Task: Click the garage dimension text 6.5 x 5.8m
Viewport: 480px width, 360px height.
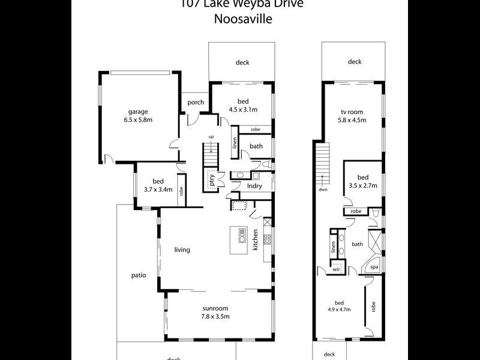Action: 137,120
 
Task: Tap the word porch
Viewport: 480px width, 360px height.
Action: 196,103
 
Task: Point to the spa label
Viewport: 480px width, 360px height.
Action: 373,267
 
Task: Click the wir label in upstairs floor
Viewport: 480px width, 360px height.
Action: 337,269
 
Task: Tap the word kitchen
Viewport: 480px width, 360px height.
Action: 255,240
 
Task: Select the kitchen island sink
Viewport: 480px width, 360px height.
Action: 242,235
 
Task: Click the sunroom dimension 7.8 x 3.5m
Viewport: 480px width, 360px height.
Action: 216,316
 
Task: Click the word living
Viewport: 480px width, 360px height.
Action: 182,250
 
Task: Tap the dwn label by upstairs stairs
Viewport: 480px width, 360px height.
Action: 323,190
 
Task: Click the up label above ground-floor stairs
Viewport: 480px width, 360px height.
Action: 211,137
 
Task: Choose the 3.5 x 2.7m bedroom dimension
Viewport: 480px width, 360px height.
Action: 363,186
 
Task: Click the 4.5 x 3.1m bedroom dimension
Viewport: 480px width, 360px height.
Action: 242,110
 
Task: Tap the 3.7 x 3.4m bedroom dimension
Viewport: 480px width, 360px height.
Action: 158,190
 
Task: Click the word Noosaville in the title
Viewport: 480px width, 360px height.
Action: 243,19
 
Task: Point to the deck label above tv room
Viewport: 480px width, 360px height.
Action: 354,62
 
